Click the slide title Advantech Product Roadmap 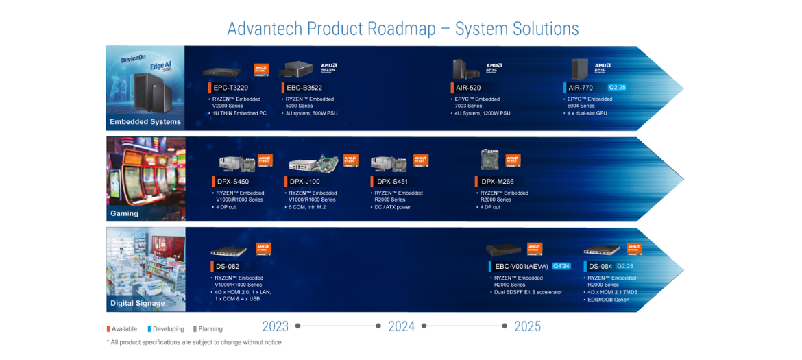[x=402, y=29]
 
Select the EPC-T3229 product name [x=230, y=88]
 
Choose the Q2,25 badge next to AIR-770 [x=617, y=88]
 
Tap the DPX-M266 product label [x=498, y=182]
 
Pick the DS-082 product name [x=229, y=267]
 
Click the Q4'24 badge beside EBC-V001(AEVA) [x=561, y=266]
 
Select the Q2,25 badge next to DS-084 [x=625, y=266]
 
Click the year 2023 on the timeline [x=276, y=326]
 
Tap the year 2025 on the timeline [x=527, y=326]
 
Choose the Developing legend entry [x=167, y=329]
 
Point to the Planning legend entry [x=210, y=329]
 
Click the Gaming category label [x=125, y=213]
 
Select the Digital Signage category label [x=138, y=303]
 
